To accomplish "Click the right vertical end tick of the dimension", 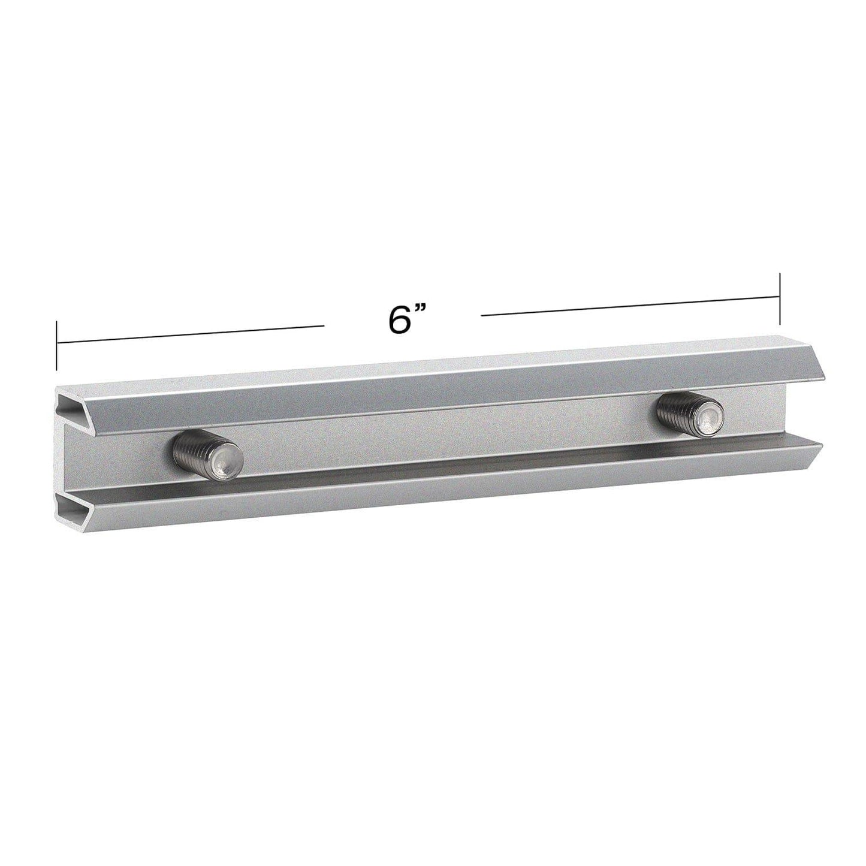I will point(780,297).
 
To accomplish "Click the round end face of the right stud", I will point(709,418).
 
